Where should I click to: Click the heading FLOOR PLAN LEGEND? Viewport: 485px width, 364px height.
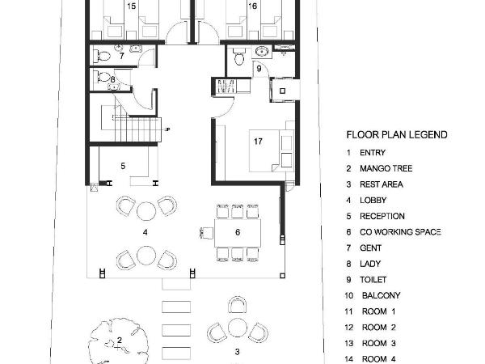[397, 135]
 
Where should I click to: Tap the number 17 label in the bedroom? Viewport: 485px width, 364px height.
[258, 142]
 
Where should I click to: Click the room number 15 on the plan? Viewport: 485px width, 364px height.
[132, 6]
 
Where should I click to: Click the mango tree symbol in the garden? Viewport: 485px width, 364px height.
[118, 341]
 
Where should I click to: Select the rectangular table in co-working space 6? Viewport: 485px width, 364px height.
[237, 232]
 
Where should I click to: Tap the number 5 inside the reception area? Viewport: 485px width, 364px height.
[123, 166]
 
